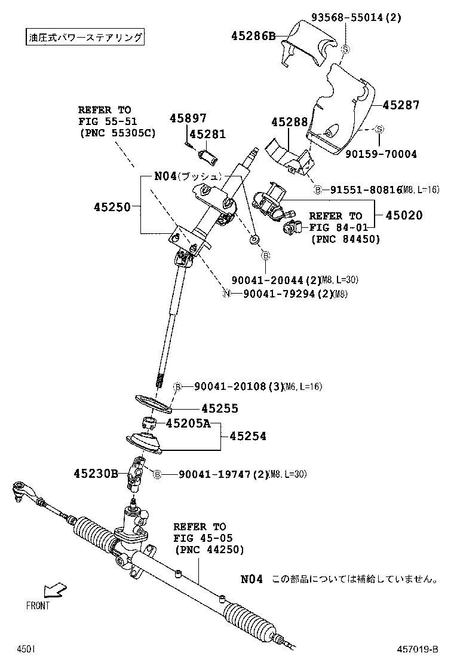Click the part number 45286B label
[253, 36]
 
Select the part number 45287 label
[401, 105]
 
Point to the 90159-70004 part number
[381, 154]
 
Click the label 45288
[289, 122]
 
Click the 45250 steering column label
[112, 207]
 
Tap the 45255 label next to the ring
[219, 408]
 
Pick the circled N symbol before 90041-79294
[226, 294]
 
